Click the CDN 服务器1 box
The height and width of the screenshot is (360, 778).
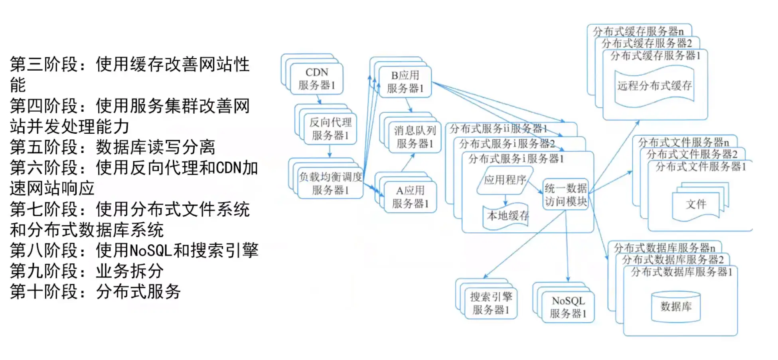pyautogui.click(x=316, y=79)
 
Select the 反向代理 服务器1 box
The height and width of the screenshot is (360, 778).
pyautogui.click(x=330, y=129)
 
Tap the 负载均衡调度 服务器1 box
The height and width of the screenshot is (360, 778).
pyautogui.click(x=330, y=183)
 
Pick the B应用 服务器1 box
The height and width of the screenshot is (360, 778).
pyautogui.click(x=405, y=82)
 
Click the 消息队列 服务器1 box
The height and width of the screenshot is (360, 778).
pyautogui.click(x=415, y=137)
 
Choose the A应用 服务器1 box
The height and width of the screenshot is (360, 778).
pyautogui.click(x=410, y=197)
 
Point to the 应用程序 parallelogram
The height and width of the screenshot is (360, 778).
pyautogui.click(x=505, y=180)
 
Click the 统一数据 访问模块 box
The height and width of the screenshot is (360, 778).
pyautogui.click(x=566, y=194)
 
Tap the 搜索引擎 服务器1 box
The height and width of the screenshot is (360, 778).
pyautogui.click(x=491, y=303)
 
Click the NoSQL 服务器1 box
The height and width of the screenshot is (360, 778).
pyautogui.click(x=568, y=307)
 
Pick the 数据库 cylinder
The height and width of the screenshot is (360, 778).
pyautogui.click(x=675, y=307)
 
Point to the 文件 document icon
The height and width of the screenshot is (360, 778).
pyautogui.click(x=696, y=204)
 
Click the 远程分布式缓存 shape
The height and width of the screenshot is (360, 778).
pyautogui.click(x=654, y=86)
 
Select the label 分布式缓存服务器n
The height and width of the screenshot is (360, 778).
pyautogui.click(x=638, y=31)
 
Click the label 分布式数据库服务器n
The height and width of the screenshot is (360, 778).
pyautogui.click(x=664, y=247)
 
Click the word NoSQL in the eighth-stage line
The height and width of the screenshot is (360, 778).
pyautogui.click(x=151, y=251)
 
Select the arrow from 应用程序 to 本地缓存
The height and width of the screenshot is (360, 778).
pyautogui.click(x=505, y=200)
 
